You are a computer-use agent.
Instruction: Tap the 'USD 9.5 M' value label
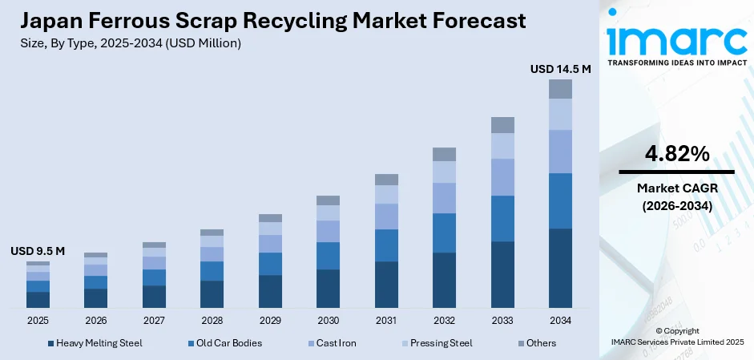[x=38, y=251]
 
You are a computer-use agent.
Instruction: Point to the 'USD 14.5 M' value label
[x=560, y=70]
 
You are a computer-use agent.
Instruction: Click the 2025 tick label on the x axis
[x=38, y=320]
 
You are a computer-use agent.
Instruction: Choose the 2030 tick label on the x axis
[x=328, y=320]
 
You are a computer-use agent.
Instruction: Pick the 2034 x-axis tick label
[x=560, y=320]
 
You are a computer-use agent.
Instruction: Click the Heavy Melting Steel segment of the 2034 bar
[x=560, y=268]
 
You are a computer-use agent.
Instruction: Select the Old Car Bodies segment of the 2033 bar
[x=502, y=218]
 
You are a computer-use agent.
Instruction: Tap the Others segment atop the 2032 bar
[x=444, y=154]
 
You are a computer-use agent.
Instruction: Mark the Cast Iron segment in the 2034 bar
[x=560, y=151]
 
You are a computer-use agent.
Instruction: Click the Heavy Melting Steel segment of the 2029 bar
[x=270, y=291]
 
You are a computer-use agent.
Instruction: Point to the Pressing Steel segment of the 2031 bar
[x=386, y=194]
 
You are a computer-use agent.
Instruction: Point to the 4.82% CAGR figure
[x=676, y=154]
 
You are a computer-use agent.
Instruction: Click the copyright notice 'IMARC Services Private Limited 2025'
[x=676, y=342]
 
